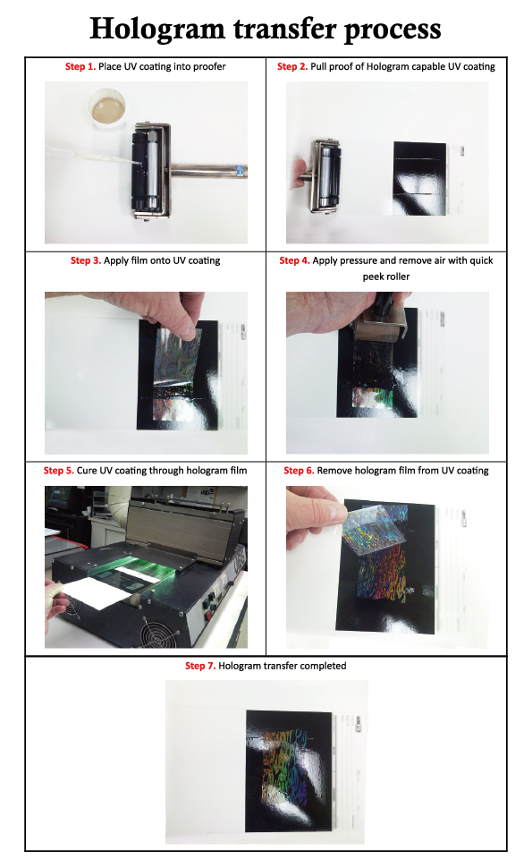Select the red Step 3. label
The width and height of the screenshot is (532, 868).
point(89,261)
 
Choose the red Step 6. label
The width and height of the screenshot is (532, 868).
point(301,471)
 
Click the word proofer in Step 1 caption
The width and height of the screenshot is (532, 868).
point(207,67)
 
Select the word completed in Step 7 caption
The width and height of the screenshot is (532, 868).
point(325,666)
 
